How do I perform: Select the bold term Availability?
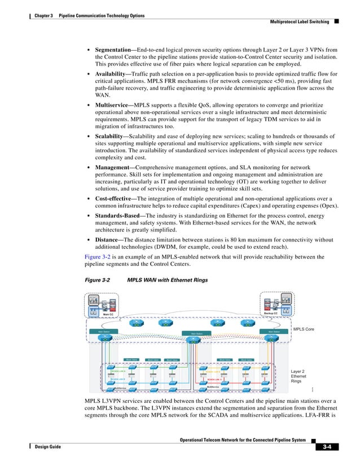tap(113, 74)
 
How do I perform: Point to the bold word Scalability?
tap(112, 136)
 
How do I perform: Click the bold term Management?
tap(115, 168)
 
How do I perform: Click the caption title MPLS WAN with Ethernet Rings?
tap(168, 280)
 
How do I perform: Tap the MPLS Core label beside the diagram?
tap(302, 328)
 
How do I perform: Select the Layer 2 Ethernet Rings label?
tap(298, 376)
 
